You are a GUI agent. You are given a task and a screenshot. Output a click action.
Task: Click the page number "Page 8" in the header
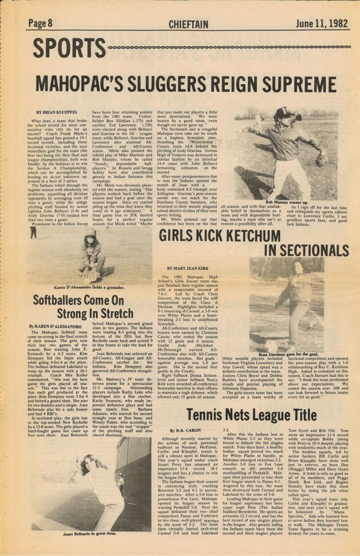[x=40, y=23]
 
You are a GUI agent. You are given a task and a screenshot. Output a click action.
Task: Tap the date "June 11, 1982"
[x=321, y=23]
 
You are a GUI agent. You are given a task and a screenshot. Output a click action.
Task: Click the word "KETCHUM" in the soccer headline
[x=281, y=237]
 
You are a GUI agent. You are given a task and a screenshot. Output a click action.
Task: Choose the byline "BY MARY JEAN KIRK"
[x=188, y=269]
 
